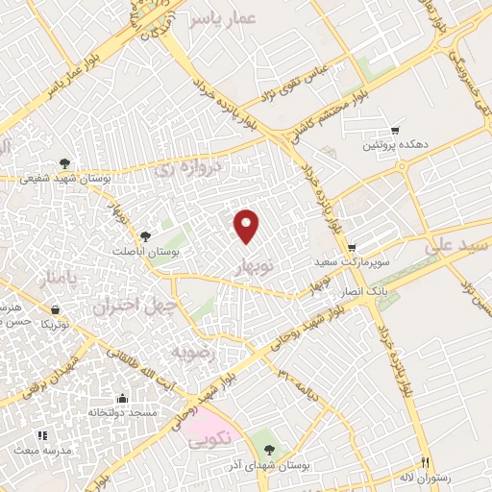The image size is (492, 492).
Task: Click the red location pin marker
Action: pos(247,225)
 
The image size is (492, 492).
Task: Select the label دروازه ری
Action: pos(187,171)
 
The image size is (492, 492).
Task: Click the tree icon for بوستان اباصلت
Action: pos(145,235)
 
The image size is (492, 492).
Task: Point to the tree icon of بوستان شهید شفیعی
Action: pos(64,162)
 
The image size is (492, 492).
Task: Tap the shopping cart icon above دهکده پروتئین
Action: pos(395,130)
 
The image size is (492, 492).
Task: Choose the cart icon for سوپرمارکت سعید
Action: pos(352,247)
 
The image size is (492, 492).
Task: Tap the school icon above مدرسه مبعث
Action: pos(41,435)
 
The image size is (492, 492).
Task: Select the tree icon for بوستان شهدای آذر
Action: pos(269,449)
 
